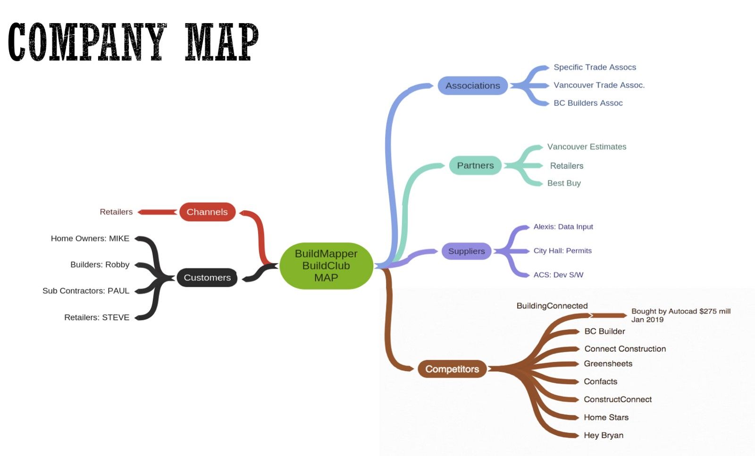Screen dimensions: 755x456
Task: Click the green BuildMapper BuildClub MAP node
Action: (326, 266)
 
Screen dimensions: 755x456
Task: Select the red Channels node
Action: (207, 212)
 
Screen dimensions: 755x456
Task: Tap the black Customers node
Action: (207, 277)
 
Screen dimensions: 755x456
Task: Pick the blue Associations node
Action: (472, 86)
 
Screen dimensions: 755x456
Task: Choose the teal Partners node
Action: (475, 165)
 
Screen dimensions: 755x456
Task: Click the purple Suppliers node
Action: (467, 251)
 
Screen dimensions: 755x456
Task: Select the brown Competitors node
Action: (452, 369)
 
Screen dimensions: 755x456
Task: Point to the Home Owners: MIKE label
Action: (90, 238)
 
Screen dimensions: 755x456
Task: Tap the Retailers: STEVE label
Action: (97, 317)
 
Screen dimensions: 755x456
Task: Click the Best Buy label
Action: (564, 183)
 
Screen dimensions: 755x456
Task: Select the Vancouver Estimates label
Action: (587, 146)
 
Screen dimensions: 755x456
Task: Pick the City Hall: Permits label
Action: (562, 250)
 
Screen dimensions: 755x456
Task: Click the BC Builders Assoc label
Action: (588, 103)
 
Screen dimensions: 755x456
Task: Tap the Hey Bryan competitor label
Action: (604, 435)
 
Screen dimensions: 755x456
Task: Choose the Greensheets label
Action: (608, 363)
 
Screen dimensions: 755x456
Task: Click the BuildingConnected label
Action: (552, 306)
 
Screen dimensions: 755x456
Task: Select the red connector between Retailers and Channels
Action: (158, 212)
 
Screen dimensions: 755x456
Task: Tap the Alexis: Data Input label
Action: (563, 226)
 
